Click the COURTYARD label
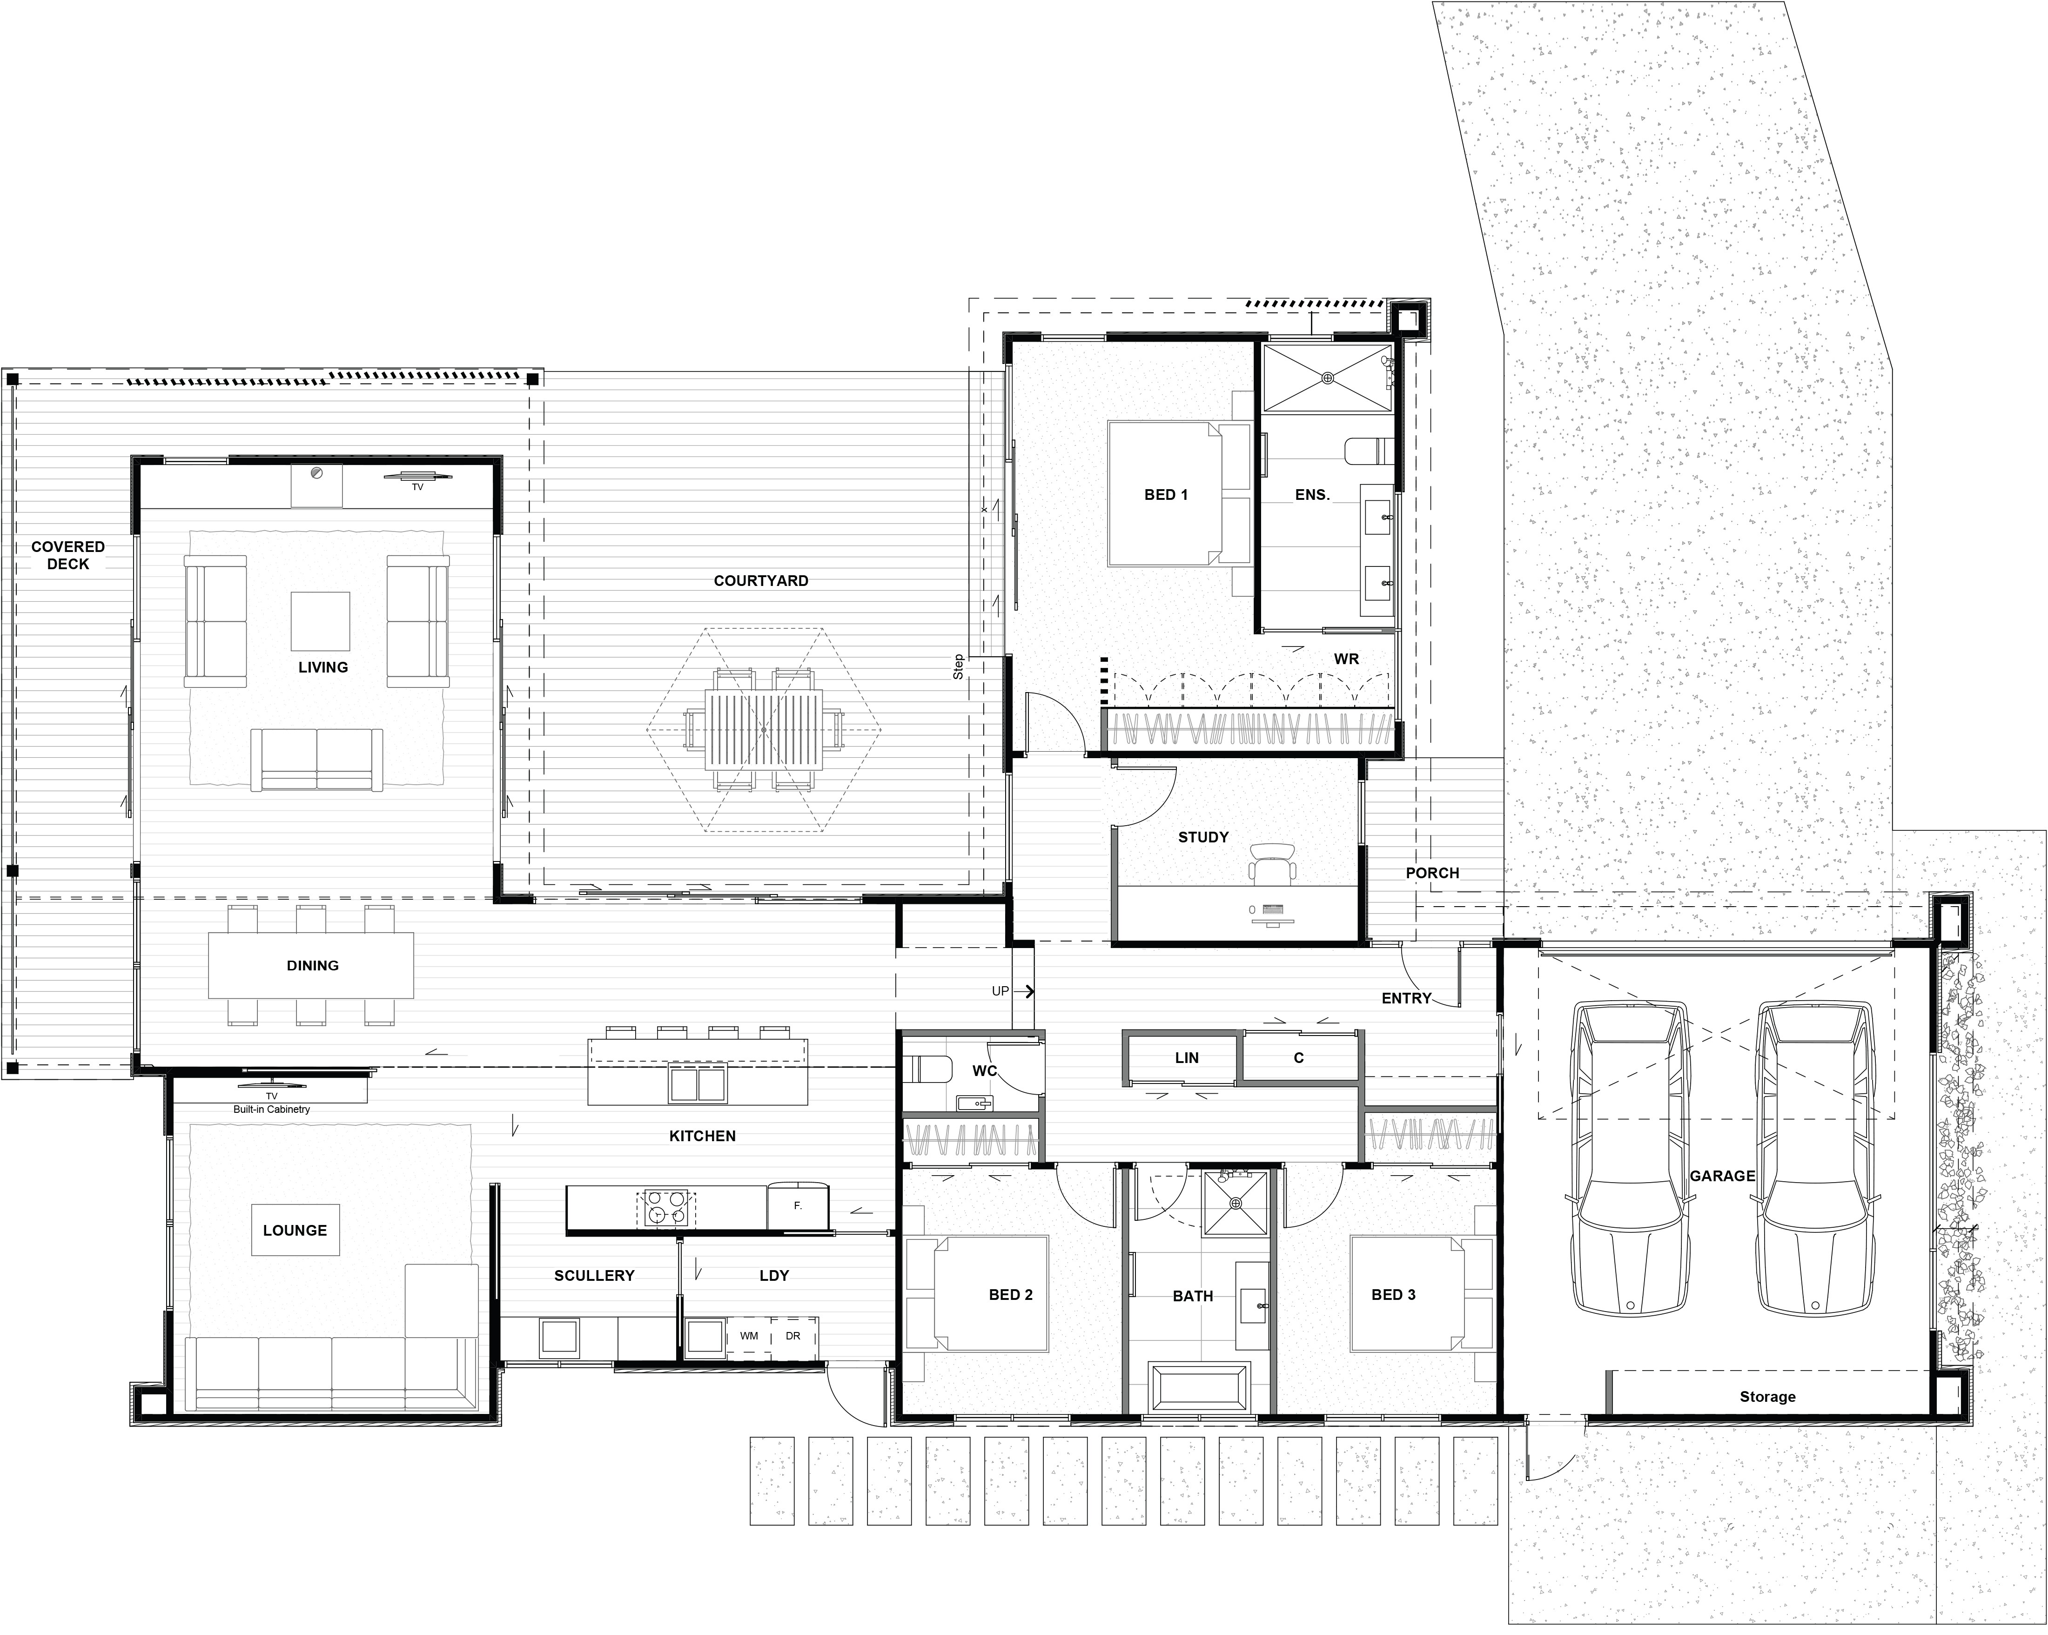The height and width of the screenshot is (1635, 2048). [761, 580]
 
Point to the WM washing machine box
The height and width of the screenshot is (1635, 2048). [750, 1336]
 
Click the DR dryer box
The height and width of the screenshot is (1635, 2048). [793, 1336]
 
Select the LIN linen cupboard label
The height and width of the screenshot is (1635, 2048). [1187, 1057]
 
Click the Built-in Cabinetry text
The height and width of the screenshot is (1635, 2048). [272, 1109]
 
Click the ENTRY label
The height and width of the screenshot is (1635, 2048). [1406, 998]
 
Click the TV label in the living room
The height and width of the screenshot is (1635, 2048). [417, 487]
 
